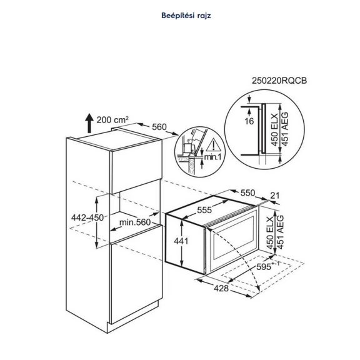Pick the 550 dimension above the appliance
coord(249,194)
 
